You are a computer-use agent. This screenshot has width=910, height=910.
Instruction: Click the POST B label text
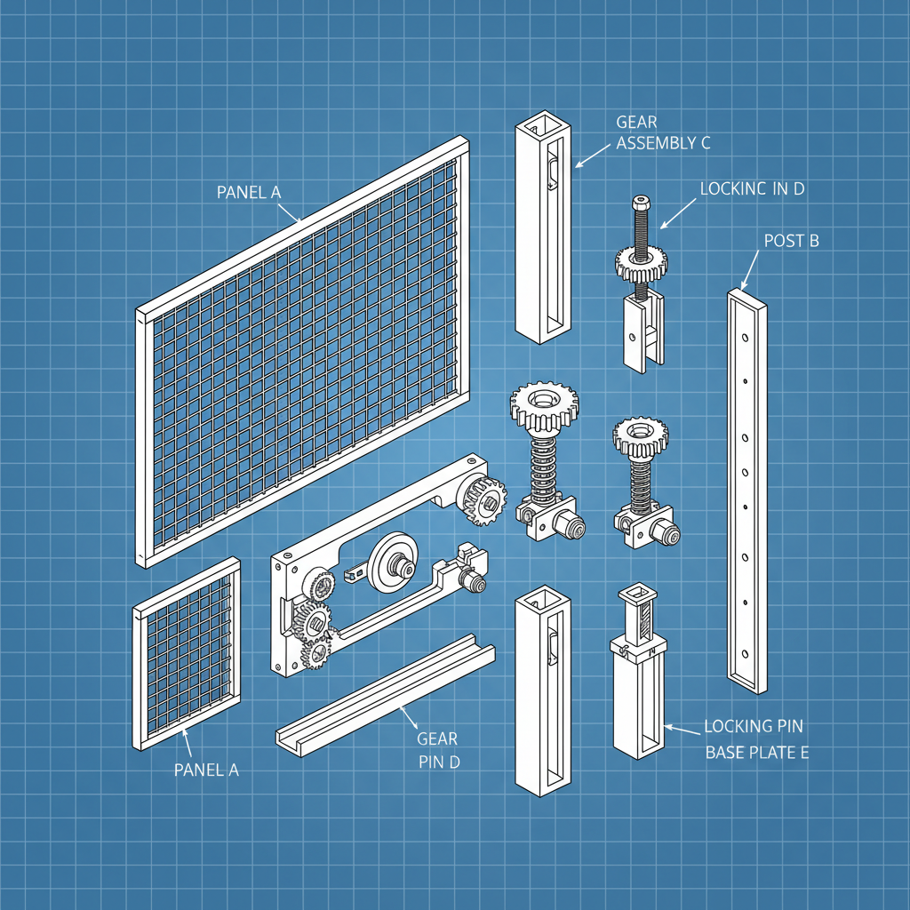tap(791, 240)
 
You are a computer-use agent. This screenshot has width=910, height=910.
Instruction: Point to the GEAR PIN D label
tap(437, 750)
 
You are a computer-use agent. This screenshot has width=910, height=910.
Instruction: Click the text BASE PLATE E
tap(756, 753)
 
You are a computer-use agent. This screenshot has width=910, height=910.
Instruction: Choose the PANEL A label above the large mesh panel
tap(254, 191)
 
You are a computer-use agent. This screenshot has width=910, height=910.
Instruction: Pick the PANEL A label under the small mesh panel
tap(206, 770)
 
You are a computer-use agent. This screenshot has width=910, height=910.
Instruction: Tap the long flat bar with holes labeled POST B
tap(747, 489)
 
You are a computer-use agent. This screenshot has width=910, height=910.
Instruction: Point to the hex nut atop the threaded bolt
tap(640, 204)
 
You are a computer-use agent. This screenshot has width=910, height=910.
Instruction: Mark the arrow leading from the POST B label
tap(747, 268)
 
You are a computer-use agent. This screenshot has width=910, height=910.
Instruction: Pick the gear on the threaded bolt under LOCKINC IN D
tap(641, 262)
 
